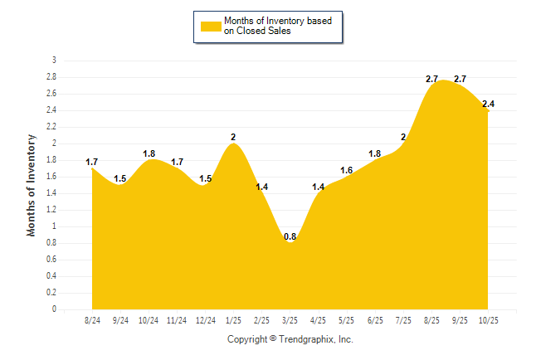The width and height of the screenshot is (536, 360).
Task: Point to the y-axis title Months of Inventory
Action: point(32,185)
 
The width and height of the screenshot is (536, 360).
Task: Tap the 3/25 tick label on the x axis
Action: point(290,319)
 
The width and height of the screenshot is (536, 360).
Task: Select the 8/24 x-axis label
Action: point(93,319)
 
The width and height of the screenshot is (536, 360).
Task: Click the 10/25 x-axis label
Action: point(488,319)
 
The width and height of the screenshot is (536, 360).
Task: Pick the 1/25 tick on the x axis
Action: point(234,319)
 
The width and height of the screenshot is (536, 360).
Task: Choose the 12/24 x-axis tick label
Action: point(205,319)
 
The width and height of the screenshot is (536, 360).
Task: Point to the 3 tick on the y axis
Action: point(54,61)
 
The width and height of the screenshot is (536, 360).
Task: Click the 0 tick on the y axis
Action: point(54,309)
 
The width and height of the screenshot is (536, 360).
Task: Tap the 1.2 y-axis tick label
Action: point(51,210)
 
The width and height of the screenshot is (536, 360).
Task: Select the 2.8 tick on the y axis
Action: point(51,77)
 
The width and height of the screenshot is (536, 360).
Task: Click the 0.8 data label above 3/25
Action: point(290,237)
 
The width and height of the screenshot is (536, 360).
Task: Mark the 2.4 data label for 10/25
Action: point(488,105)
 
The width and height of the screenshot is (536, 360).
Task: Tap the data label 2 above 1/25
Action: point(234,137)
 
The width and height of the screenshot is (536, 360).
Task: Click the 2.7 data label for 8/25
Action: point(431,79)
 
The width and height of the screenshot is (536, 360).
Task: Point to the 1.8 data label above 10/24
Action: point(149,153)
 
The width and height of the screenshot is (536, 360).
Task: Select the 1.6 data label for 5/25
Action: point(347,170)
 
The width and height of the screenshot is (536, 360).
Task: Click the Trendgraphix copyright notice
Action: point(290,339)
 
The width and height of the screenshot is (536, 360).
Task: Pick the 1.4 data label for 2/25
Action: point(262,187)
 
